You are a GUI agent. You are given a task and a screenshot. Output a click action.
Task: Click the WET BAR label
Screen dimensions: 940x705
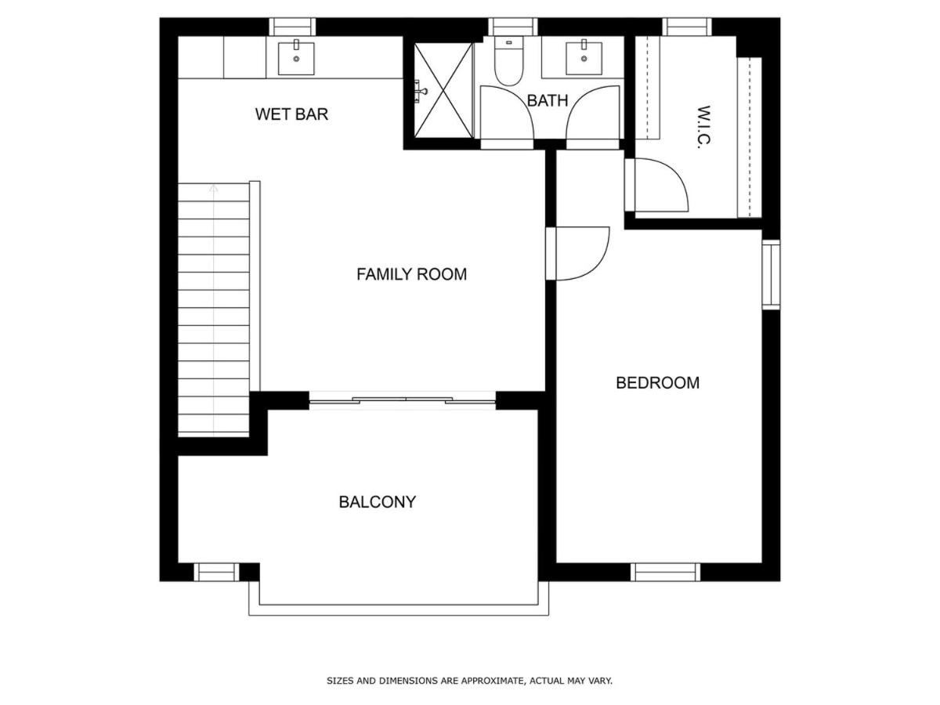coord(291,114)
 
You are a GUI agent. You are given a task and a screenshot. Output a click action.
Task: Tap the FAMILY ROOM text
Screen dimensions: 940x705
coord(411,274)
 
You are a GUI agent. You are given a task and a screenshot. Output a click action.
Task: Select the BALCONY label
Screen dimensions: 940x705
coord(378,501)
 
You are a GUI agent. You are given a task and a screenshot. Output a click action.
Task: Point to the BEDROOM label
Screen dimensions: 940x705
coord(657,383)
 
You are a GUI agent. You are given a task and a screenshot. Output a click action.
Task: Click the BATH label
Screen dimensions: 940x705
coord(548,100)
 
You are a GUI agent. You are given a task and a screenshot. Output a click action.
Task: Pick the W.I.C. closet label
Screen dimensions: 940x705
coord(704,127)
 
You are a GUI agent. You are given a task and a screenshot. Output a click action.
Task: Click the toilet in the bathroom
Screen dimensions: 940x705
coord(508,61)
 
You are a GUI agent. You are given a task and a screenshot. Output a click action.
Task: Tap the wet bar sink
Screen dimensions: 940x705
coord(296,58)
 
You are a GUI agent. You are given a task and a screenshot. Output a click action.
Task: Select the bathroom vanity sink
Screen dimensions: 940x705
coord(584,58)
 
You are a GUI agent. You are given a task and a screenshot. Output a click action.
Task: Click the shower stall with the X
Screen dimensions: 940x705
coord(443,90)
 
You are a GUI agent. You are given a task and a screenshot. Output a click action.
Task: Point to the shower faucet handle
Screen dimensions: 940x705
coord(421,91)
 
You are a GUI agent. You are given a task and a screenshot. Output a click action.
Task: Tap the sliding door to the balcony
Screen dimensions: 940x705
coord(402,401)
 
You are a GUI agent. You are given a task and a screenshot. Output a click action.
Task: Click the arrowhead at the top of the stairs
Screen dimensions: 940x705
coord(213,188)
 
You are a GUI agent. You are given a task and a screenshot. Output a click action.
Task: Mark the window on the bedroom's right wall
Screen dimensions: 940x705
coord(771,274)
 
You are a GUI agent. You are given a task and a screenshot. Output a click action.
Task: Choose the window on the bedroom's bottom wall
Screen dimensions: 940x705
coord(666,573)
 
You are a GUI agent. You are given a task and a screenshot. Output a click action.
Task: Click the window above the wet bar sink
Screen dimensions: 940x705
coord(292,27)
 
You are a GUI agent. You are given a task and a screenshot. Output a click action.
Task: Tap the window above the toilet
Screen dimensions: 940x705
coord(513,27)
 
